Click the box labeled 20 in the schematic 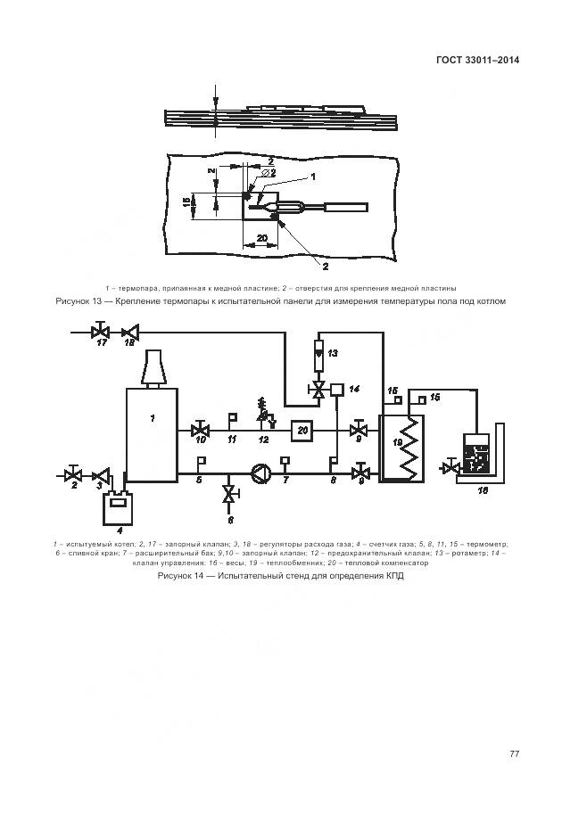[x=303, y=430]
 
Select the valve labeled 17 [x=99, y=333]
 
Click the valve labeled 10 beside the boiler [x=200, y=430]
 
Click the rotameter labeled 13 [x=319, y=352]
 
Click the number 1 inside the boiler [x=153, y=417]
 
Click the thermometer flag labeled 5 [x=201, y=463]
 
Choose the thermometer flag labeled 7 [x=286, y=463]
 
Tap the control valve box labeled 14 [x=336, y=389]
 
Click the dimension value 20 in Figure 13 [x=261, y=238]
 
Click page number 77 [x=514, y=753]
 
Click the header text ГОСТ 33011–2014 [x=477, y=61]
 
